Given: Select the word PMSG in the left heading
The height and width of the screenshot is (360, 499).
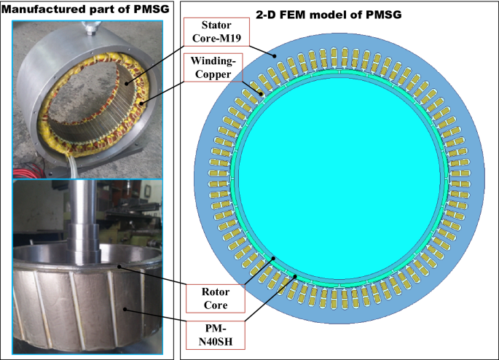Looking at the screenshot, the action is tap(144, 9).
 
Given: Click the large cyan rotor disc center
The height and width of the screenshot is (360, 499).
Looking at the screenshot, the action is tap(341, 171).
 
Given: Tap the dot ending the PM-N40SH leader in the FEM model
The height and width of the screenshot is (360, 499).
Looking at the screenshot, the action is tap(294, 275).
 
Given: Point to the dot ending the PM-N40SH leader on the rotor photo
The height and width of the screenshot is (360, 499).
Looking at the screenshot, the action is tap(125, 310).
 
